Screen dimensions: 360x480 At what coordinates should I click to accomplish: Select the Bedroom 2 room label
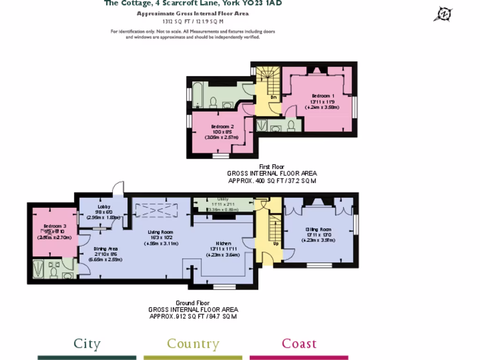[x=222, y=127]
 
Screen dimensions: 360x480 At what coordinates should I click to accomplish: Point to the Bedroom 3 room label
[x=54, y=226]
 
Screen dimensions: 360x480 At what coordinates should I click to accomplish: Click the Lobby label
[x=104, y=207]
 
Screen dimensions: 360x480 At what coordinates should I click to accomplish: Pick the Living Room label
[x=161, y=232]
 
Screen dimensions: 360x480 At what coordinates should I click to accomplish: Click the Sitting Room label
[x=318, y=229]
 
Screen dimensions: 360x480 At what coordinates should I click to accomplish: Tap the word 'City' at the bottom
[x=87, y=344]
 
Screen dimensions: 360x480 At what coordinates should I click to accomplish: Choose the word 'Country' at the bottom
[x=193, y=344]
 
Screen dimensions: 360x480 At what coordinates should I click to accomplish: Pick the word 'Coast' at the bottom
[x=299, y=344]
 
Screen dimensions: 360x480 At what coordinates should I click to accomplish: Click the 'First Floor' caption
[x=272, y=167]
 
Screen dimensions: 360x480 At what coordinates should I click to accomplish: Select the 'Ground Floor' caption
[x=193, y=303]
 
